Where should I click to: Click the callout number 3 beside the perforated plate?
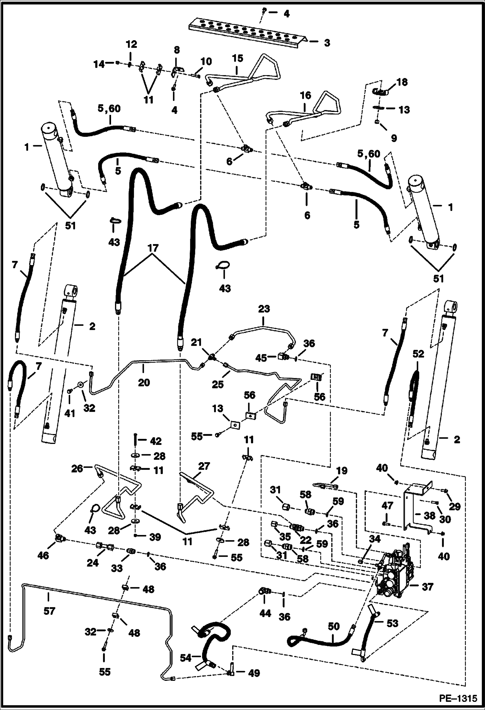[x=327, y=43]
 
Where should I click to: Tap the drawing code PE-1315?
[x=458, y=698]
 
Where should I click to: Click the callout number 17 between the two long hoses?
[x=153, y=249]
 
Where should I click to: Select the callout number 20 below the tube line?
[x=144, y=383]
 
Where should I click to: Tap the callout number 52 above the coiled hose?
[x=418, y=354]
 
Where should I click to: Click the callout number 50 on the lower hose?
[x=333, y=627]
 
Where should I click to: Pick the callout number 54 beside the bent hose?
[x=186, y=657]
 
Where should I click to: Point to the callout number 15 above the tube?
[x=237, y=59]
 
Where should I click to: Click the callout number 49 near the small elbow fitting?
[x=254, y=673]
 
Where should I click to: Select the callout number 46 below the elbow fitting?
[x=43, y=555]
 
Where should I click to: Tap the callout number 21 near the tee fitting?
[x=196, y=342]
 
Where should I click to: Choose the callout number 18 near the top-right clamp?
[x=402, y=82]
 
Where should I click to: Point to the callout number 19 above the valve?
[x=342, y=471]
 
